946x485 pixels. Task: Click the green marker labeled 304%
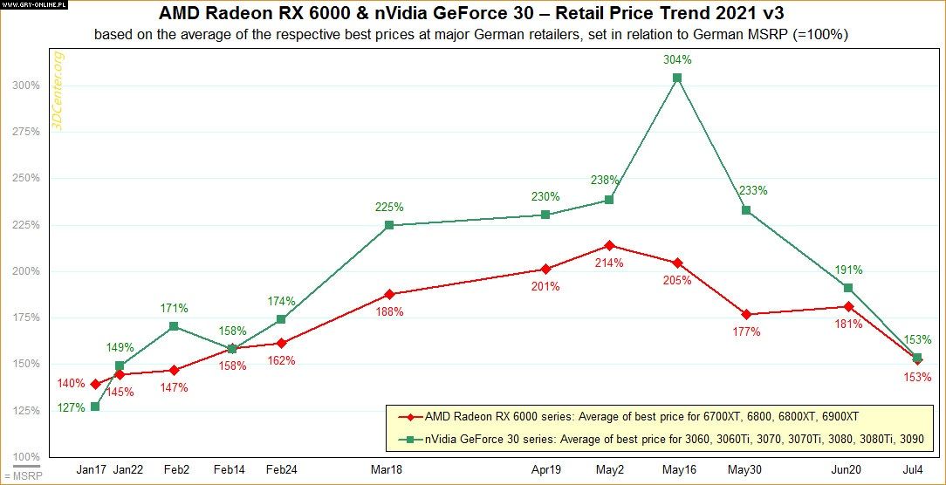click(x=677, y=78)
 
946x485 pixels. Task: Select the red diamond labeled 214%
click(x=610, y=245)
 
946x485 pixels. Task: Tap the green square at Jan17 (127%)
click(x=94, y=406)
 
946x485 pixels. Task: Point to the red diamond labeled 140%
click(x=94, y=384)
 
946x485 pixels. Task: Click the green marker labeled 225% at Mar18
click(x=389, y=225)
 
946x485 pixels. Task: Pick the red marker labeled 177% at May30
click(x=746, y=314)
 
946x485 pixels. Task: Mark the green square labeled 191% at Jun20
click(x=848, y=288)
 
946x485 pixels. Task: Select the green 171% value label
click(x=174, y=308)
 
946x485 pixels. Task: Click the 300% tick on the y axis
click(x=27, y=85)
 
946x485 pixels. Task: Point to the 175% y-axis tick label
click(x=27, y=318)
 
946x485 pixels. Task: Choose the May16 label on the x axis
click(x=677, y=469)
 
